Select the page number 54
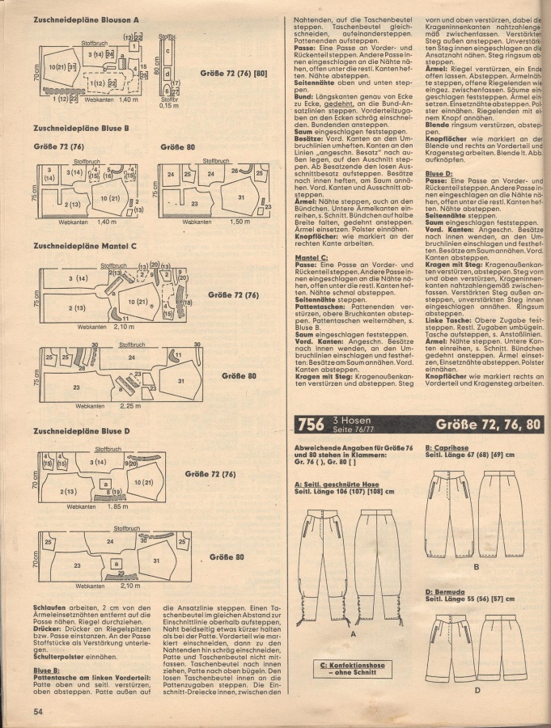click(37, 712)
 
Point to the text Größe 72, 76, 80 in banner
click(488, 424)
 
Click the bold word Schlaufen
click(49, 606)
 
